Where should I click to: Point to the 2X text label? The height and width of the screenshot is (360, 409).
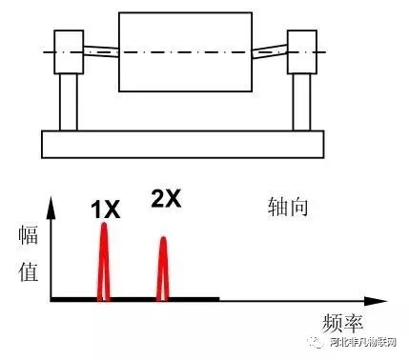click(x=166, y=199)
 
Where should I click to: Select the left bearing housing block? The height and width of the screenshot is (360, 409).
click(x=68, y=50)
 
